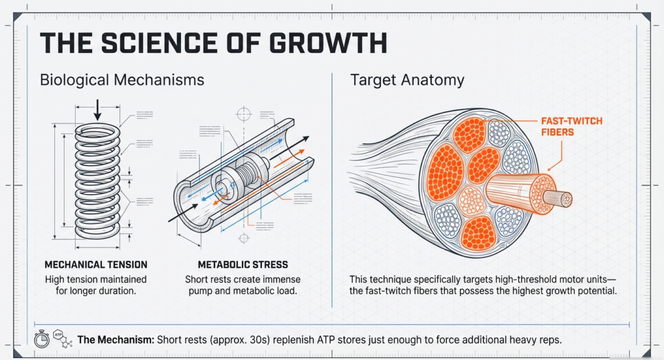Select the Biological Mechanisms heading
click(122, 80)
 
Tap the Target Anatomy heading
click(407, 80)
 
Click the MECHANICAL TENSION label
click(95, 265)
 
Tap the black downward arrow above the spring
click(97, 111)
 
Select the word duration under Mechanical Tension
click(119, 291)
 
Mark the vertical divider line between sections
click(332, 188)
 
